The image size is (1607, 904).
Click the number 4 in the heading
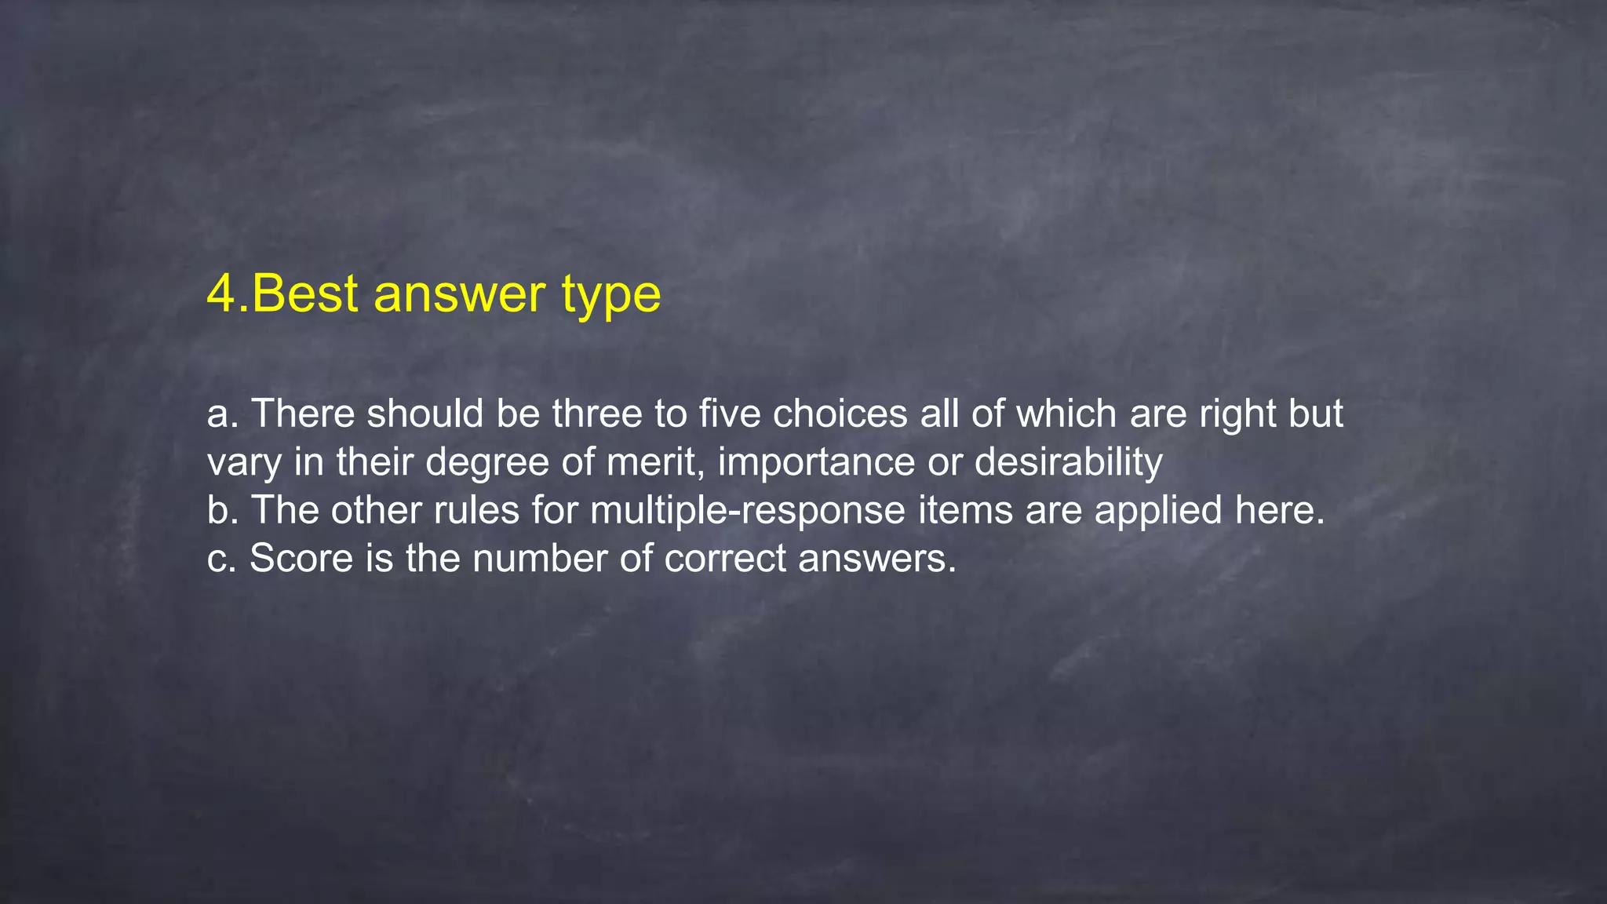[x=222, y=293]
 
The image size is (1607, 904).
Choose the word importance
[x=816, y=463]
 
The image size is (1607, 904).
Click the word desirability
[x=1068, y=463]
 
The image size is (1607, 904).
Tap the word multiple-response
[x=748, y=511]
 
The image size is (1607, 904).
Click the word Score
[x=301, y=559]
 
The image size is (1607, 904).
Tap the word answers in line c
[x=877, y=559]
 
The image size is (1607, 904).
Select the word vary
[x=244, y=463]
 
